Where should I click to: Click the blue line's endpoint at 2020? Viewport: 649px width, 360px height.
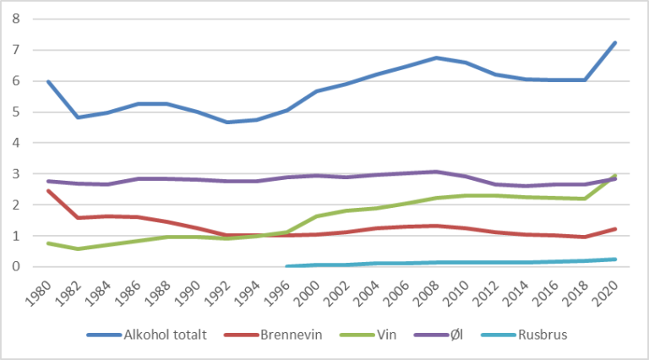[615, 43]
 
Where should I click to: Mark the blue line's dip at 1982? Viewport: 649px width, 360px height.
[78, 117]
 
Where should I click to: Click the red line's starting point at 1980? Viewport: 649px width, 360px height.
[48, 191]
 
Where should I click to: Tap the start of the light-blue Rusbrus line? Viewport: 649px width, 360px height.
[287, 266]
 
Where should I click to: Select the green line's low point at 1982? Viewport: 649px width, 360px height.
[78, 249]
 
